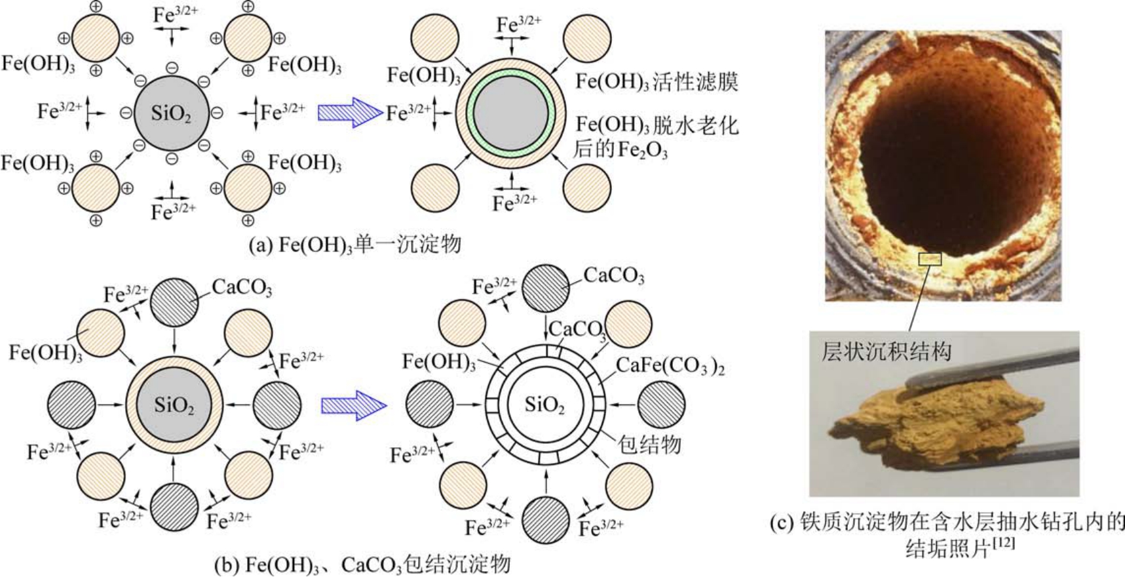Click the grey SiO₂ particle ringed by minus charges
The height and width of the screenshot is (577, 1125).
point(171,113)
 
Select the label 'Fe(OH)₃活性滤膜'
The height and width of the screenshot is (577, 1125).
point(657,81)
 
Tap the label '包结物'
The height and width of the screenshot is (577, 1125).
point(649,445)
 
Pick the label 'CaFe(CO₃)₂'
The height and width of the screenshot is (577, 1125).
point(670,367)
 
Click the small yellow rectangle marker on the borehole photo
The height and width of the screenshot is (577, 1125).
point(930,259)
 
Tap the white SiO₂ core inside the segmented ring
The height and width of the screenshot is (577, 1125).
point(544,405)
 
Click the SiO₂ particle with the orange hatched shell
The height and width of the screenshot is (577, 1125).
point(174,405)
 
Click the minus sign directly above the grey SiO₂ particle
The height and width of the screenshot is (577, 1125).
point(172,68)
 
